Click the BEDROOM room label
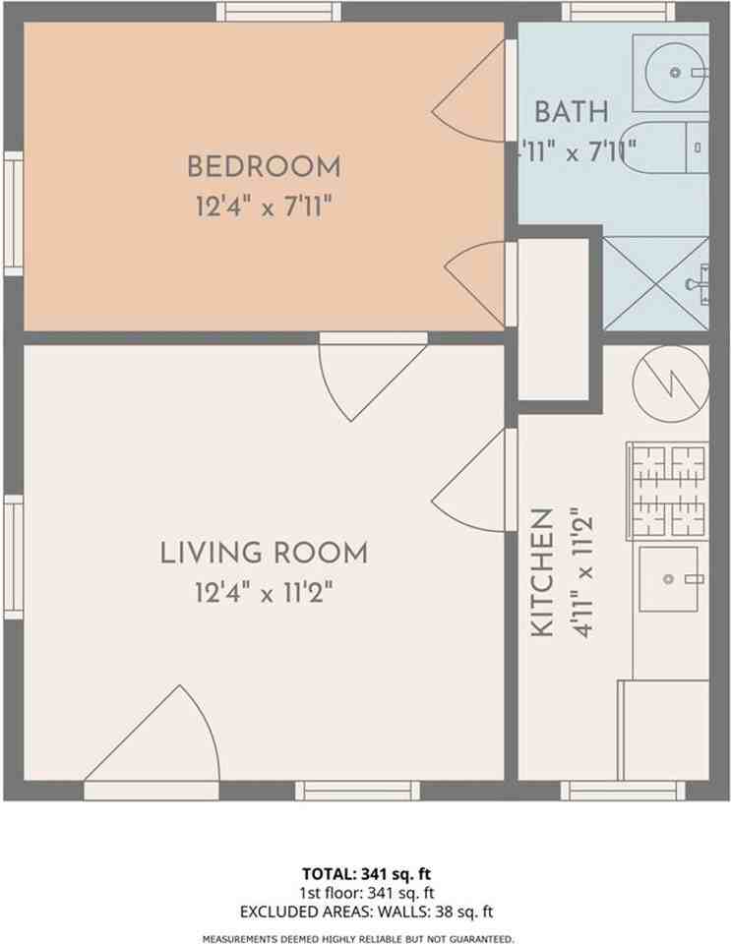tap(264, 166)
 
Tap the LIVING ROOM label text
tap(264, 553)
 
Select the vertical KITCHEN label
tap(542, 573)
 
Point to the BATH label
tap(572, 111)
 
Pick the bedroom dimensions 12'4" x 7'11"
tap(264, 206)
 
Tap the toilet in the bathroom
tap(669, 148)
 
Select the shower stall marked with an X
tap(655, 284)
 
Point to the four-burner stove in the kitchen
tap(668, 489)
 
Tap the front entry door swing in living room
tap(157, 737)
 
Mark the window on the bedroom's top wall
tap(278, 12)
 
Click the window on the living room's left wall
tap(13, 557)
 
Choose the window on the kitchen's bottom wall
tap(623, 791)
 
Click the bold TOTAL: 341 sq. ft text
tap(366, 872)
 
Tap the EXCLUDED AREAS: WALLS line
tap(366, 912)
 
